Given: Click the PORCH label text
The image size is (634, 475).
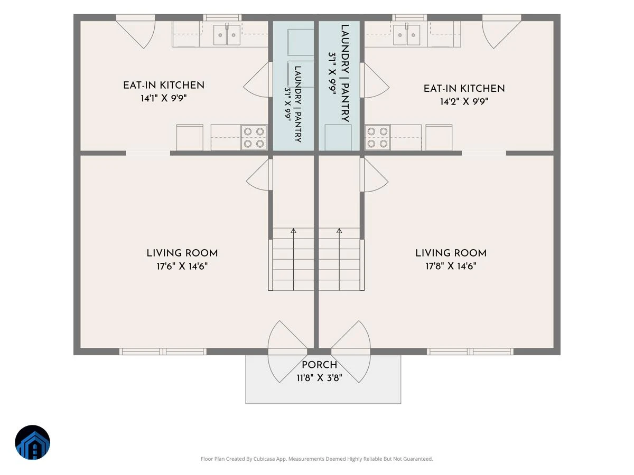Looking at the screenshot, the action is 319,365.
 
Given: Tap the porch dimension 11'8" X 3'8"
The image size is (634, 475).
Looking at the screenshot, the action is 319,378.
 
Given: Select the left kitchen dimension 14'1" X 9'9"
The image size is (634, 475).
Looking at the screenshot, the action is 164,98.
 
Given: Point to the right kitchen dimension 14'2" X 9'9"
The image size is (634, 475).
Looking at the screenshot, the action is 464,101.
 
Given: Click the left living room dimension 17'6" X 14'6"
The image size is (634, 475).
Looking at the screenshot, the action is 182,266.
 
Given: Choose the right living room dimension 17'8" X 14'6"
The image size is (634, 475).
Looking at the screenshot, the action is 451,266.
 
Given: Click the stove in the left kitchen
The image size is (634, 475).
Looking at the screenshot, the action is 254,138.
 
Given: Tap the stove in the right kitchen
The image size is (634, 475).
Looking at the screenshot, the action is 378,138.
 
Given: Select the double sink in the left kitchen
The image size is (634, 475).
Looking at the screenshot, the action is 227,35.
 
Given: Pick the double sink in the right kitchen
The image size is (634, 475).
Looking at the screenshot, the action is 407,35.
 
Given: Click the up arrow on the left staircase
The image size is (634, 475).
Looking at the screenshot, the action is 293,259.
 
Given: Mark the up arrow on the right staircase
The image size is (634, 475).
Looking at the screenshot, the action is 339,259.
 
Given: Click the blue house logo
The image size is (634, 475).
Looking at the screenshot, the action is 32,442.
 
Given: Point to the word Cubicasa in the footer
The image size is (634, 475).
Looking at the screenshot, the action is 264,459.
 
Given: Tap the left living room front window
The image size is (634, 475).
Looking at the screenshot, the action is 163,351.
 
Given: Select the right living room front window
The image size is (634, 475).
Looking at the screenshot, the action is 470,351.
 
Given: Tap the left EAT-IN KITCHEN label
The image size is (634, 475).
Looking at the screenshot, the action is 164,85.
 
